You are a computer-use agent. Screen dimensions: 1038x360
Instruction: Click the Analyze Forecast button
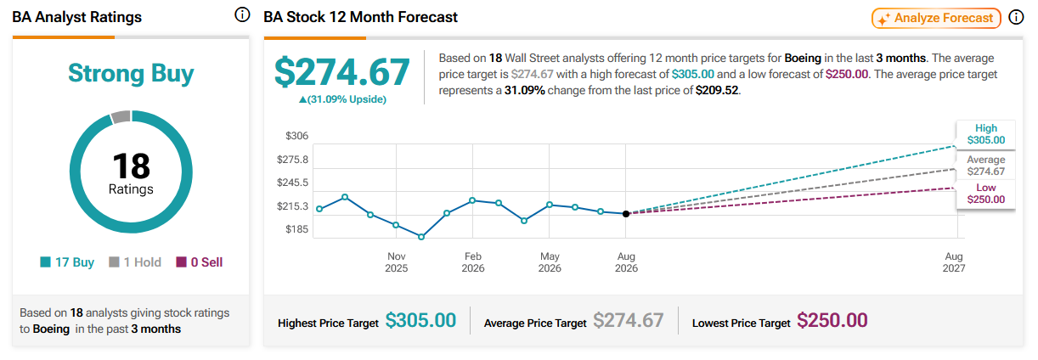point(936,19)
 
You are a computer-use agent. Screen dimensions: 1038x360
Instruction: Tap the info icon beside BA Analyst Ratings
point(242,15)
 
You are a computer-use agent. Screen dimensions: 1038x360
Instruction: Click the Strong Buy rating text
point(131,73)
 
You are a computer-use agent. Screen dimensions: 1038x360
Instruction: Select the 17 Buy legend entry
point(67,262)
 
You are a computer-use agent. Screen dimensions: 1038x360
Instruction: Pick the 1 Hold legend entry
point(135,262)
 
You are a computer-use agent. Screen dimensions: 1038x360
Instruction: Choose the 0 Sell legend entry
point(200,262)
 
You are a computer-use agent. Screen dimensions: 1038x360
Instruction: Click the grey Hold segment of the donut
point(121,117)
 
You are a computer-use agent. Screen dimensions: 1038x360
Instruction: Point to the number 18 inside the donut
point(131,166)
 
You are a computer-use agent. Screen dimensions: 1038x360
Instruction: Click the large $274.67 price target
point(342,72)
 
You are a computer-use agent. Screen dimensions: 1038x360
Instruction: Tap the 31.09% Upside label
point(342,99)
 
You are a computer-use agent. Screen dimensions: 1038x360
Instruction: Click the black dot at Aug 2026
point(626,214)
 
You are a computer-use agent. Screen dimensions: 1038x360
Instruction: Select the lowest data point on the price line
point(421,237)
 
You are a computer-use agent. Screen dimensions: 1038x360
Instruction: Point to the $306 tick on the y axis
point(296,136)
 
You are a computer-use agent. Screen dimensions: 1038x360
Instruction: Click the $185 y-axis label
point(296,229)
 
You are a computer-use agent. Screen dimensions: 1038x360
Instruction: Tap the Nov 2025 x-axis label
point(396,262)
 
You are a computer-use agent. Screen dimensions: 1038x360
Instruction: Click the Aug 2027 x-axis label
point(954,262)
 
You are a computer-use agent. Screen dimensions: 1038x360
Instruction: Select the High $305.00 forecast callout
point(985,134)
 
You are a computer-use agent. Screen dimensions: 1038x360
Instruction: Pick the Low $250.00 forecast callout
point(985,194)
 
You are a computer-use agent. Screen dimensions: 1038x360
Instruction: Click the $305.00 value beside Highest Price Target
point(420,321)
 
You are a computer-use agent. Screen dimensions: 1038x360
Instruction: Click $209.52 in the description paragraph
point(717,90)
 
